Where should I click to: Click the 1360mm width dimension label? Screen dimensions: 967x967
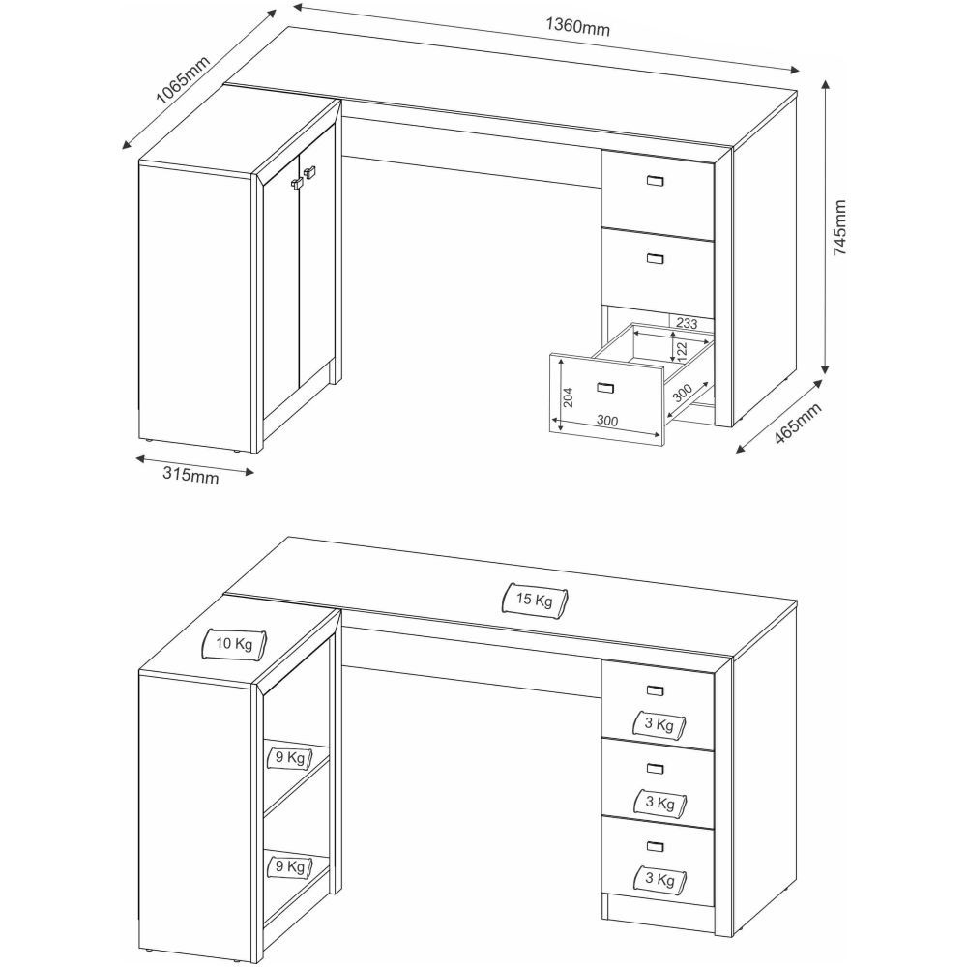click(x=577, y=26)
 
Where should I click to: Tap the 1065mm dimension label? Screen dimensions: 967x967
click(x=182, y=80)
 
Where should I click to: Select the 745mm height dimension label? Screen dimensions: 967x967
click(x=840, y=227)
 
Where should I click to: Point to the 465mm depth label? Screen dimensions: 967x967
click(x=798, y=424)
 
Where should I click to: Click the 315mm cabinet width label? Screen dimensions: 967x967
click(x=190, y=475)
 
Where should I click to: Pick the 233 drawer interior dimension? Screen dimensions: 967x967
click(x=687, y=323)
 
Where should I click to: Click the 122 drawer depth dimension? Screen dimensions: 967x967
click(x=682, y=350)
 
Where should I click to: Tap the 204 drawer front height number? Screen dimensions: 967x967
click(x=569, y=396)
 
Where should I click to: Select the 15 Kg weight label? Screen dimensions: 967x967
click(x=535, y=599)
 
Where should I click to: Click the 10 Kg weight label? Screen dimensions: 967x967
click(x=234, y=644)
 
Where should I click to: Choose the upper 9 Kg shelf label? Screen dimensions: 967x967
click(x=290, y=757)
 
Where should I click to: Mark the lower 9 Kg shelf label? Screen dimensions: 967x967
click(x=290, y=866)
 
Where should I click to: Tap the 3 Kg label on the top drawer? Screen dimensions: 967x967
click(x=659, y=724)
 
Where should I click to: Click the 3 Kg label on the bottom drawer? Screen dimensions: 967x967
click(x=659, y=879)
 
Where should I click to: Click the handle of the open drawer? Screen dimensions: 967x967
click(x=605, y=388)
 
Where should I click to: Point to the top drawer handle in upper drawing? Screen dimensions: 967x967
click(x=655, y=180)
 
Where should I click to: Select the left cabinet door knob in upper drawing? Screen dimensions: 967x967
click(x=297, y=183)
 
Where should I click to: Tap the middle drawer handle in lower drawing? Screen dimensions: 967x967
click(x=655, y=769)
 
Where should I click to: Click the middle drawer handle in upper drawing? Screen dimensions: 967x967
click(x=655, y=258)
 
